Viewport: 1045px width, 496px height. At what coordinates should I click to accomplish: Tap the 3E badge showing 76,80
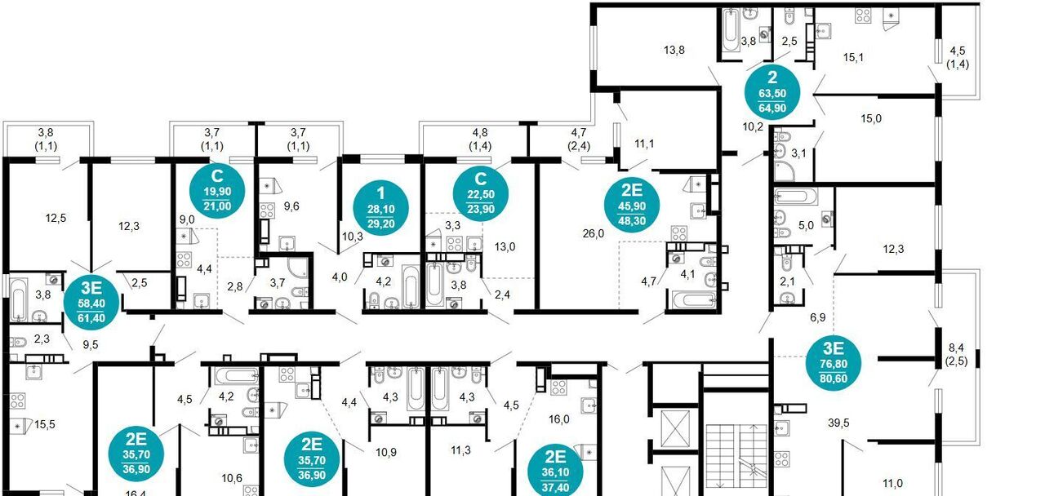[x=834, y=362]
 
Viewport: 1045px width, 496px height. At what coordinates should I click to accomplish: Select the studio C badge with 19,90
[x=217, y=191]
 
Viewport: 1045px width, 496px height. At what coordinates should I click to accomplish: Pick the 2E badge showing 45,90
[x=632, y=205]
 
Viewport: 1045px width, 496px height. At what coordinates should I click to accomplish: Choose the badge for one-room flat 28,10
[x=381, y=208]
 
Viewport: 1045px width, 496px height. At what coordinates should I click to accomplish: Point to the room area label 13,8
[x=674, y=50]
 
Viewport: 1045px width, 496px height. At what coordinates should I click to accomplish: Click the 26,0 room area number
[x=594, y=233]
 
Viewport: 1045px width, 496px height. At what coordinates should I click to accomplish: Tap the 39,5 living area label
[x=838, y=423]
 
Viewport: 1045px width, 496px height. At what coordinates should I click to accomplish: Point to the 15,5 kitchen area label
[x=45, y=424]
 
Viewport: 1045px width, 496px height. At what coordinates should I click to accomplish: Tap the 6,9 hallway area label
[x=818, y=317]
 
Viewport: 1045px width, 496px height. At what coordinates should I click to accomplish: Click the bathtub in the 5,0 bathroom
[x=796, y=197]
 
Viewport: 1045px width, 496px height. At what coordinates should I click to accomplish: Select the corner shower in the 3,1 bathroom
[x=785, y=171]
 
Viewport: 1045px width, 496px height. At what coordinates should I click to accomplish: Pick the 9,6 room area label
[x=292, y=206]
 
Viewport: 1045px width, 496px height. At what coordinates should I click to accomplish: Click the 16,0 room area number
[x=559, y=419]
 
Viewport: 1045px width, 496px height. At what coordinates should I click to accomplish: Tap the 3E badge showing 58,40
[x=91, y=302]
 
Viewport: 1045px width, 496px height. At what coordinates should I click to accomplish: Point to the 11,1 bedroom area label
[x=644, y=144]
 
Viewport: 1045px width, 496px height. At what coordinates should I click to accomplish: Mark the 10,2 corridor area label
[x=753, y=126]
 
